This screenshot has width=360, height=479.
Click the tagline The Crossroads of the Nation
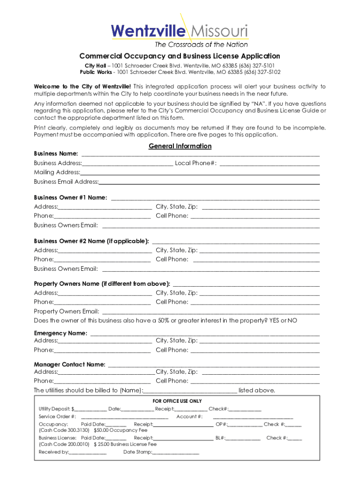(201, 45)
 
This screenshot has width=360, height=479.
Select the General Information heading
(180, 146)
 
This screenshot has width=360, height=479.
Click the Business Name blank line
(201, 154)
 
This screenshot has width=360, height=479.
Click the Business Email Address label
(66, 181)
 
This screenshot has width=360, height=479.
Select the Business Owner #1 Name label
(70, 197)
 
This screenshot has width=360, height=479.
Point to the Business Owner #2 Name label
(92, 241)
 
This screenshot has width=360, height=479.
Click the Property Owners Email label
(66, 312)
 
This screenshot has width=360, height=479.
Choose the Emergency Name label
(60, 333)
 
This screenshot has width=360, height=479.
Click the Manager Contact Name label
(70, 364)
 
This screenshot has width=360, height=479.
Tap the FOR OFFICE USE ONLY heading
(177, 401)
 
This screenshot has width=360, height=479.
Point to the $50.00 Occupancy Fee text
(121, 430)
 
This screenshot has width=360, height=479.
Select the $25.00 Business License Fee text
(125, 444)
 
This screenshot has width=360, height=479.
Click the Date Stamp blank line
(175, 453)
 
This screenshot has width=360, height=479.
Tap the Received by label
(53, 452)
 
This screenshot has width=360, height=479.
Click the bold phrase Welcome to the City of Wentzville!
(82, 87)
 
